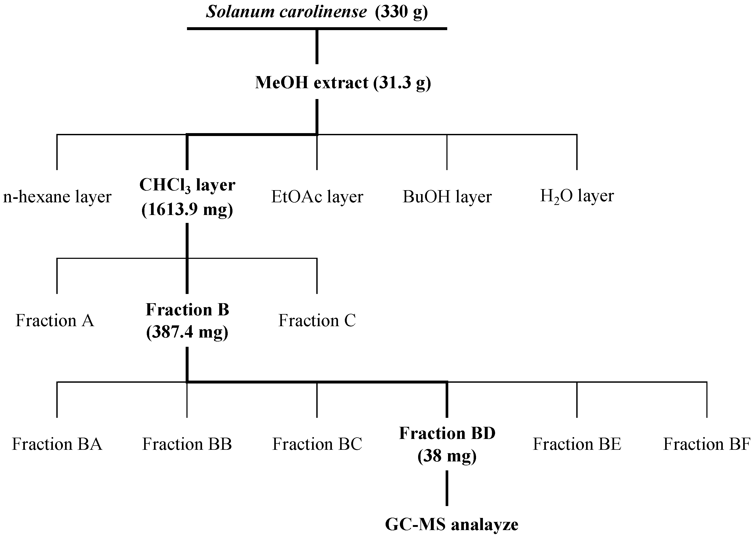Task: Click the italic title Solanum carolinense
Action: [x=286, y=12]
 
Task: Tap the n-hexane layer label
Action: [x=57, y=197]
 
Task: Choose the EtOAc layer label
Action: [x=317, y=197]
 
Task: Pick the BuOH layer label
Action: [x=447, y=197]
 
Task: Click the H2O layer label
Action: [x=577, y=196]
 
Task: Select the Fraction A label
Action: [x=55, y=320]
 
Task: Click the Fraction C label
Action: [x=317, y=320]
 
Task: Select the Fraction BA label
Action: [x=57, y=444]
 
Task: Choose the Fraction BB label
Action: [x=187, y=444]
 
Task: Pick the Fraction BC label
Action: [x=317, y=444]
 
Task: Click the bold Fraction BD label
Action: [x=447, y=433]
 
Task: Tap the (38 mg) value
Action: [x=447, y=456]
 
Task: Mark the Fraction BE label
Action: [x=577, y=444]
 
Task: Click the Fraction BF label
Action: [x=707, y=444]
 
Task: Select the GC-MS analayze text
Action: [x=451, y=525]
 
